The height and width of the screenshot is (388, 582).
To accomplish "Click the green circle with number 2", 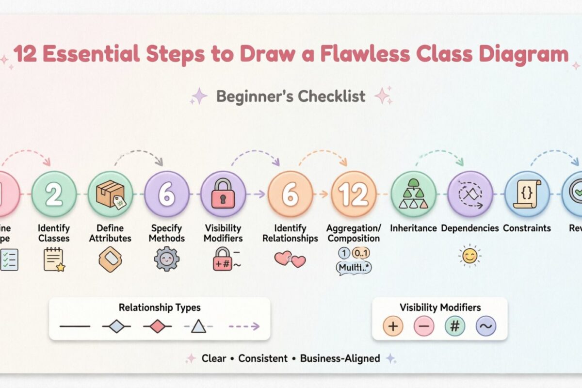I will pyautogui.click(x=54, y=194).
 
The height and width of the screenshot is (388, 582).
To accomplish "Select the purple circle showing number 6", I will pyautogui.click(x=167, y=194).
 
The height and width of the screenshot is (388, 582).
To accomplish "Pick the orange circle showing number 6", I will pyautogui.click(x=290, y=194).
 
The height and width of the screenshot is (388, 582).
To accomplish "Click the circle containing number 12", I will pyautogui.click(x=354, y=194).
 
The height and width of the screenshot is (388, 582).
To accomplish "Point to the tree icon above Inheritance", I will pyautogui.click(x=413, y=194).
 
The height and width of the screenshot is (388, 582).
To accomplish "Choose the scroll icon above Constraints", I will pyautogui.click(x=527, y=194).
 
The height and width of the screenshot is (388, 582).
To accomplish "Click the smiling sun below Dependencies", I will pyautogui.click(x=469, y=255).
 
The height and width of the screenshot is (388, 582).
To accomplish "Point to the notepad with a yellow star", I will pyautogui.click(x=53, y=259).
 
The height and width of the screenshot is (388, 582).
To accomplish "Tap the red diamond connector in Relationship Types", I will pyautogui.click(x=158, y=326).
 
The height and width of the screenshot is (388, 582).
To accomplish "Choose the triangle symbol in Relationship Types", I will pyautogui.click(x=198, y=326).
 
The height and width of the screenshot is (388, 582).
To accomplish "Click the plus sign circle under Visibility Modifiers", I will pyautogui.click(x=393, y=326).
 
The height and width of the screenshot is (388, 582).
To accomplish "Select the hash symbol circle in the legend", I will pyautogui.click(x=455, y=326).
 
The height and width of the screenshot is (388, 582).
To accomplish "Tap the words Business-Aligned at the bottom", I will pyautogui.click(x=340, y=358).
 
